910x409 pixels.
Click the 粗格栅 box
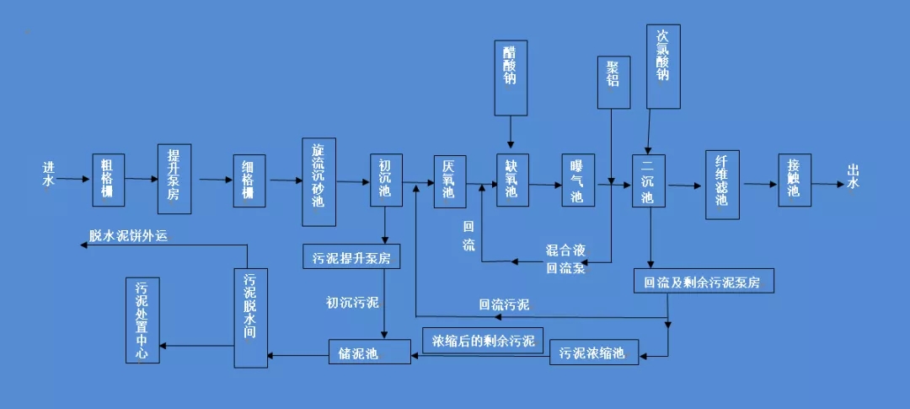pos(108,180)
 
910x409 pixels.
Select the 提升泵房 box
pos(174,179)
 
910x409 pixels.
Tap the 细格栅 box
pos(249,180)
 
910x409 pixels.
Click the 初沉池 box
pos(385,180)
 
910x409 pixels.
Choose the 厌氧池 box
pos(449,180)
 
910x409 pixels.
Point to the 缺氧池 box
pos(511,180)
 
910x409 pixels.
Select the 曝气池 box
pos(577,180)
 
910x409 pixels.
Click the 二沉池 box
pos(648,180)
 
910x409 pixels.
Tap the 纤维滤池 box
pos(722,184)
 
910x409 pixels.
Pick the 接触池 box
pos(793,180)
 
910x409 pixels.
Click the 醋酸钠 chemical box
pos(511,77)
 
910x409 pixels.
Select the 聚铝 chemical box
pos(613,83)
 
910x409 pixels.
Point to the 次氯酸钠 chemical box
pos(662,66)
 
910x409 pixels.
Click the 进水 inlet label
pos(49,174)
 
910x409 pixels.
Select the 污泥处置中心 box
pos(142,320)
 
